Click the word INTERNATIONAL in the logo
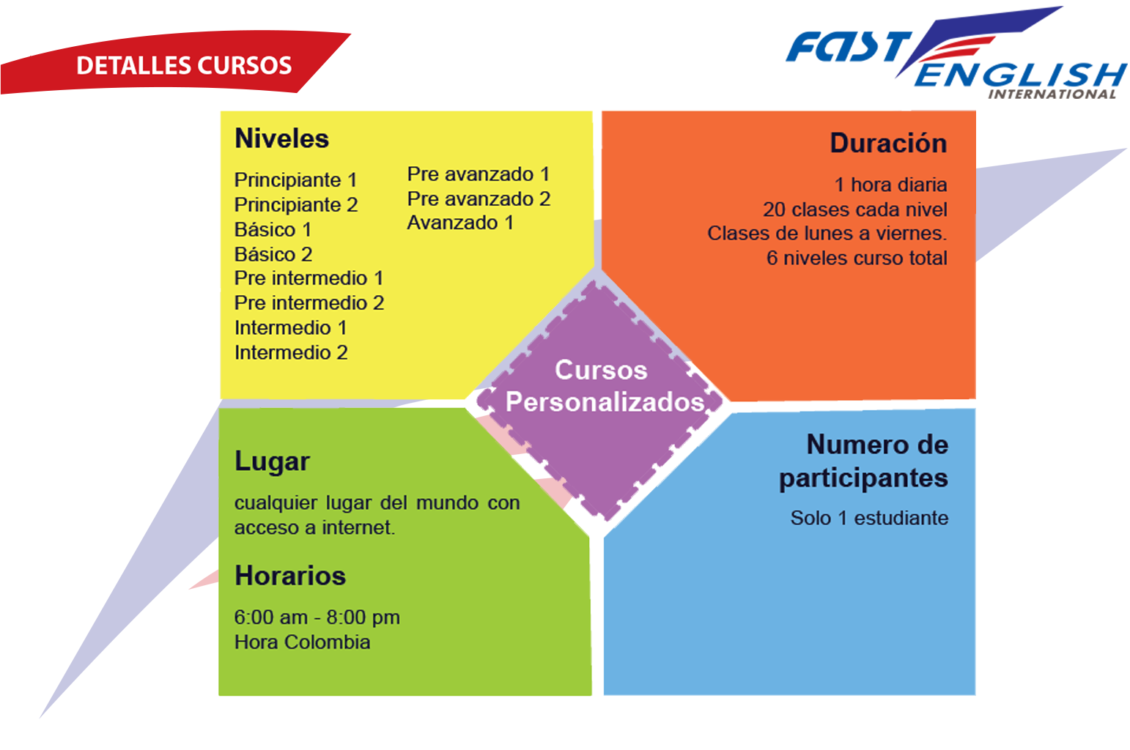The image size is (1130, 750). pyautogui.click(x=1052, y=94)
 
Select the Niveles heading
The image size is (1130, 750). pyautogui.click(x=281, y=138)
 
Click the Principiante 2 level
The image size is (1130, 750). pyautogui.click(x=296, y=204)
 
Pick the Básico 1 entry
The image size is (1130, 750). pyautogui.click(x=273, y=229)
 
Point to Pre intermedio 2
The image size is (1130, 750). pyautogui.click(x=309, y=303)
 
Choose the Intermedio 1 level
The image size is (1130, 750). pyautogui.click(x=291, y=327)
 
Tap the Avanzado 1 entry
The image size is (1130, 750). pyautogui.click(x=460, y=222)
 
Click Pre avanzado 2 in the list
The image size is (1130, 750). pyautogui.click(x=479, y=198)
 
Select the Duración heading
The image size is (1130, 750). pyautogui.click(x=888, y=143)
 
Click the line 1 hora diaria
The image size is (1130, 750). pyautogui.click(x=890, y=185)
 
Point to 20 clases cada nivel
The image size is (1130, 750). pyautogui.click(x=855, y=209)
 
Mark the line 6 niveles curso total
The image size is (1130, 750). pyautogui.click(x=857, y=258)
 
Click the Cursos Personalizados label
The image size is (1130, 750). pyautogui.click(x=604, y=385)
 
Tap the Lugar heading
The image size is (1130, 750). pyautogui.click(x=272, y=461)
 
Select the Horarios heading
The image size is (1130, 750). pyautogui.click(x=290, y=575)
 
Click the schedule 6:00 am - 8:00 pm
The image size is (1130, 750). pyautogui.click(x=317, y=617)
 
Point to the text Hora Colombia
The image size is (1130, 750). pyautogui.click(x=302, y=642)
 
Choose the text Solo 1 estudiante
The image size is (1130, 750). pyautogui.click(x=869, y=518)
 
